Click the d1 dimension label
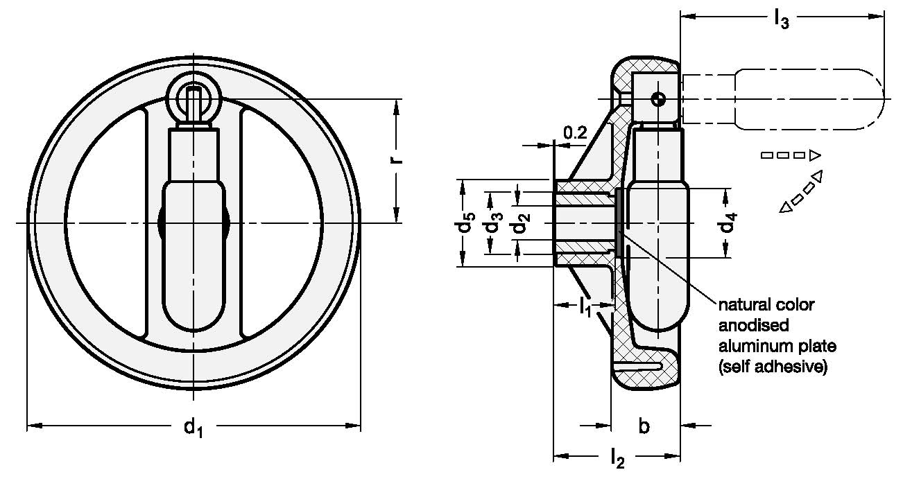[193, 428]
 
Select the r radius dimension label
[397, 160]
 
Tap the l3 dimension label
[781, 21]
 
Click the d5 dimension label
[469, 223]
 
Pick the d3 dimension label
[493, 223]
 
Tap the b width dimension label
[644, 427]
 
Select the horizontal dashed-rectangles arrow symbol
[791, 155]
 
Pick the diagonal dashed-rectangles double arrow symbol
[801, 191]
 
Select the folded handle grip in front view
[193, 256]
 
